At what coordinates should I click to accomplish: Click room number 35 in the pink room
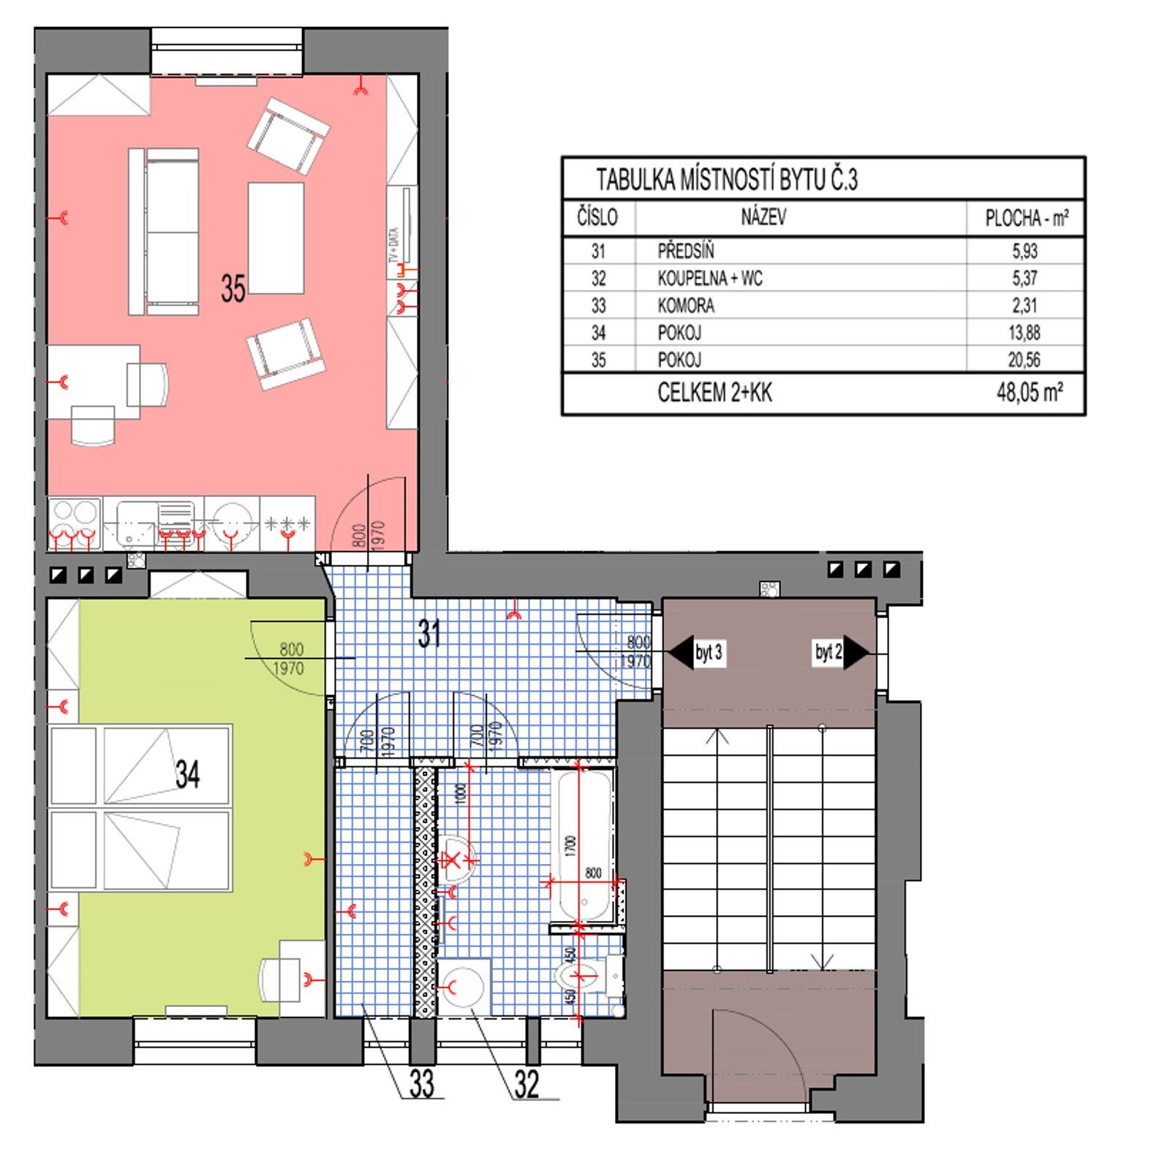[x=233, y=289]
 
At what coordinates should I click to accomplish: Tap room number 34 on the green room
[x=188, y=773]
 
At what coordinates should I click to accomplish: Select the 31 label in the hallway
[x=430, y=633]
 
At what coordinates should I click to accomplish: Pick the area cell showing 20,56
[x=1024, y=360]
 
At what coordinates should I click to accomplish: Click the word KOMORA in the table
[x=686, y=306]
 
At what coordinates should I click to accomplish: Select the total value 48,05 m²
[x=1029, y=393]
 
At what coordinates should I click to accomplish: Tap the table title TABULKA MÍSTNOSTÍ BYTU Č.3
[x=727, y=180]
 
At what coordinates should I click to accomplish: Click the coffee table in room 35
[x=276, y=238]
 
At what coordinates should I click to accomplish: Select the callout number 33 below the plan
[x=422, y=1084]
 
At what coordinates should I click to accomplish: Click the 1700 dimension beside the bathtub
[x=571, y=846]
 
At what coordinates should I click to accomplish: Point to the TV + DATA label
[x=394, y=248]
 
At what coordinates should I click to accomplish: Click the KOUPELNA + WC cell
[x=709, y=278]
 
